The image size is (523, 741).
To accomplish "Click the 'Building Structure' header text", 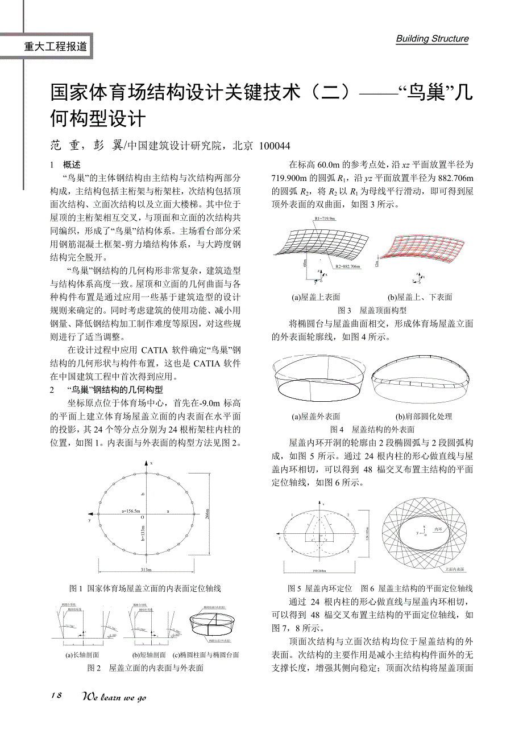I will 432,39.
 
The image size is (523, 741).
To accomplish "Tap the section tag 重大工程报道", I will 56,47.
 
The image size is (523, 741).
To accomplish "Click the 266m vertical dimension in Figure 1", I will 206,517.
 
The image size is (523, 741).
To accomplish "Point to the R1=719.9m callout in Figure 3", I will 325,219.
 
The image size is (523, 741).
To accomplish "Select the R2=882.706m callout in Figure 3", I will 347,266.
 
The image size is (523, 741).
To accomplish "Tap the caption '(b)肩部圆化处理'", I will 424,417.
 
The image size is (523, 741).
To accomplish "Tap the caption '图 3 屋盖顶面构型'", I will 372,310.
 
